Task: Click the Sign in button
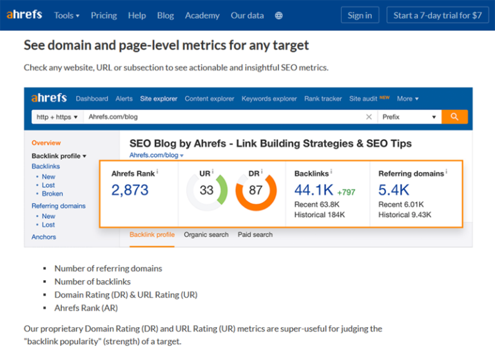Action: [x=360, y=15]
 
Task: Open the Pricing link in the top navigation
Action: [x=104, y=15]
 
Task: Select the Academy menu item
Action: [x=202, y=15]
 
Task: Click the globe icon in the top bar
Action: [x=279, y=15]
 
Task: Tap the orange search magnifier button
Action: [x=454, y=117]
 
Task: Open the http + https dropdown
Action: [x=57, y=117]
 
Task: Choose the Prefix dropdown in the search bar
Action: [x=409, y=117]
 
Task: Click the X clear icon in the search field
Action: [x=369, y=117]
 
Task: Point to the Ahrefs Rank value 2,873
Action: [x=130, y=190]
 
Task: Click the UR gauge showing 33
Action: [x=206, y=191]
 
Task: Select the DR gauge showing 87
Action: [x=255, y=191]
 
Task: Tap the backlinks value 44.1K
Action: [x=313, y=190]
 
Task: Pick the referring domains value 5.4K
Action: [x=394, y=190]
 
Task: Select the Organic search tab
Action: [x=206, y=235]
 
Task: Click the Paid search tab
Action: [x=255, y=235]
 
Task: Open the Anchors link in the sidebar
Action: [x=44, y=237]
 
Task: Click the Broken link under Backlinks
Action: [x=52, y=193]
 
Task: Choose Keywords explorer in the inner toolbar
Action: [x=269, y=99]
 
